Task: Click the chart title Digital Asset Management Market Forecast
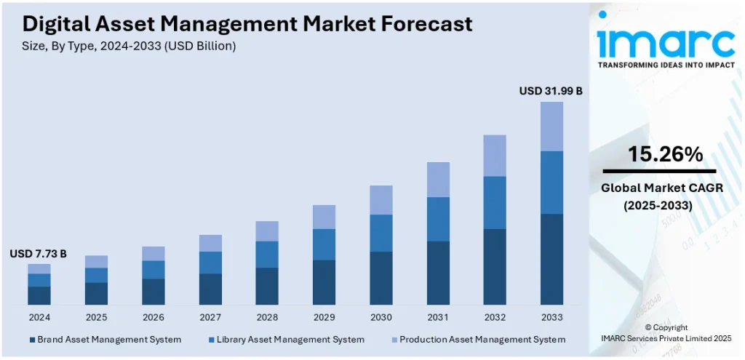pyautogui.click(x=247, y=23)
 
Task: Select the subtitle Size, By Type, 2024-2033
pyautogui.click(x=129, y=45)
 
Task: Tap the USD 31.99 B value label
pyautogui.click(x=551, y=91)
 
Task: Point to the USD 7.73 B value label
pyautogui.click(x=38, y=253)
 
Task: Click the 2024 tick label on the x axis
pyautogui.click(x=39, y=317)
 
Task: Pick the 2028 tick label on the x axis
pyautogui.click(x=267, y=317)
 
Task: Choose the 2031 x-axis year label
pyautogui.click(x=438, y=317)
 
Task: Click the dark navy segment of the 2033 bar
pyautogui.click(x=551, y=259)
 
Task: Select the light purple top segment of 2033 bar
pyautogui.click(x=551, y=126)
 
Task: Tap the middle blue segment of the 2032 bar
pyautogui.click(x=495, y=202)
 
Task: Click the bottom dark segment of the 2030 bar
pyautogui.click(x=381, y=278)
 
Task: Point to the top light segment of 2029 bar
pyautogui.click(x=324, y=217)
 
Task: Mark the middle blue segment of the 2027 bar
pyautogui.click(x=210, y=262)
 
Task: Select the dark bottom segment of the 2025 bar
pyautogui.click(x=96, y=293)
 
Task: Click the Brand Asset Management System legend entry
pyautogui.click(x=105, y=339)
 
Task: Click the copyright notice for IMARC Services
pyautogui.click(x=666, y=333)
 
